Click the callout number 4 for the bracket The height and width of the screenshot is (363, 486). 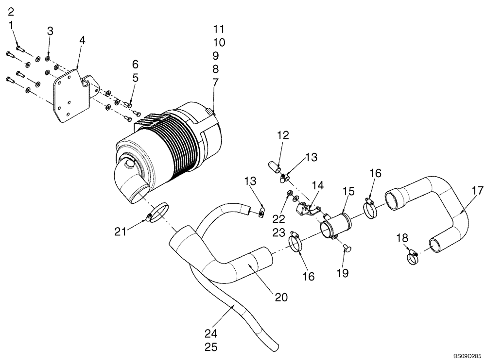click(x=82, y=41)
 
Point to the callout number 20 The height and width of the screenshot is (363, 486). click(x=281, y=297)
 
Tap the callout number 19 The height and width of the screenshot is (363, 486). click(x=343, y=273)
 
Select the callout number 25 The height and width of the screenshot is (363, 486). click(x=211, y=347)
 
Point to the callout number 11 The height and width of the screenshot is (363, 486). click(x=219, y=28)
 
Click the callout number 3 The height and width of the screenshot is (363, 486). click(x=50, y=32)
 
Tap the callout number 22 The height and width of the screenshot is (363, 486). click(x=278, y=219)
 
